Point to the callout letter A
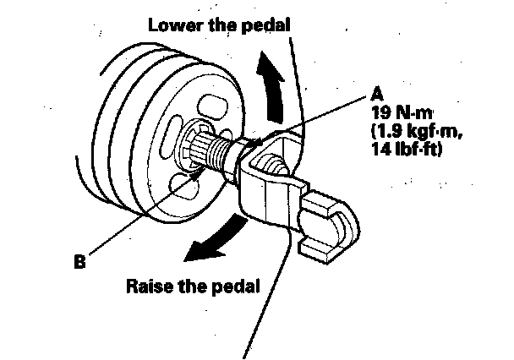click(x=375, y=93)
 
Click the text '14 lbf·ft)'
click(x=406, y=149)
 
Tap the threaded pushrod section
click(x=231, y=153)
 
